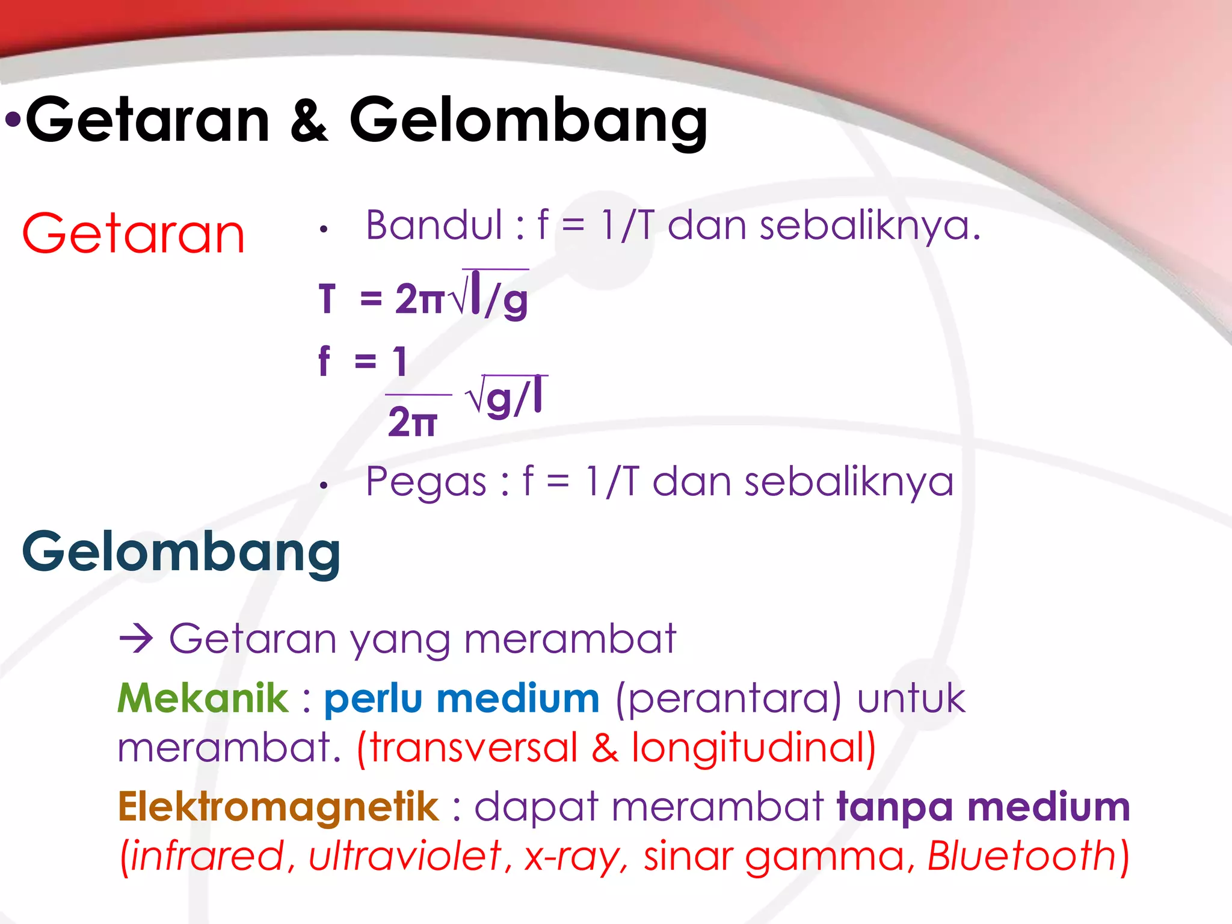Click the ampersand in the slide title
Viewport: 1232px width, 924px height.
tap(310, 121)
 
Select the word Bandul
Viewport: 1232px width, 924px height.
tap(434, 226)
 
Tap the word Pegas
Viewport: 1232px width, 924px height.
tap(426, 482)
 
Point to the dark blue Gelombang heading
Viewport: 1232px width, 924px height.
tap(181, 552)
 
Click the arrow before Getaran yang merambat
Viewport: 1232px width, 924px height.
tap(137, 638)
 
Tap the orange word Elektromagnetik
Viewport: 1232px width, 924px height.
tap(279, 807)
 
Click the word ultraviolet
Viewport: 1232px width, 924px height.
tap(405, 856)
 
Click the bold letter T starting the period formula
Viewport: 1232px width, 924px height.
tap(327, 299)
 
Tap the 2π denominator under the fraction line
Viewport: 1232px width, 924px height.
tap(413, 422)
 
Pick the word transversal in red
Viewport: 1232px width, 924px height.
tap(473, 747)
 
